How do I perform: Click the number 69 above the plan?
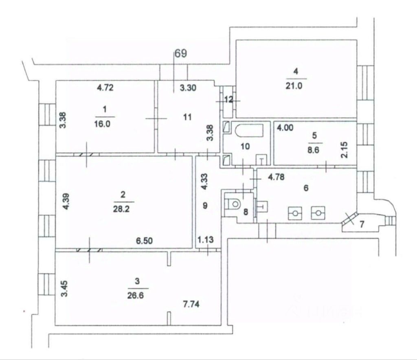[x=180, y=54]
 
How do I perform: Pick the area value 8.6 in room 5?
[x=315, y=150]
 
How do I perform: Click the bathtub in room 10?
[x=248, y=131]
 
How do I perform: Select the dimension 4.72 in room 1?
[x=105, y=87]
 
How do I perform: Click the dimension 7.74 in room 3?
[x=191, y=304]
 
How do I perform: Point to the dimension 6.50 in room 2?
[x=144, y=241]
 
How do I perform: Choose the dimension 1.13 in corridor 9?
[x=206, y=241]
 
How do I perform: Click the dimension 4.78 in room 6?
[x=275, y=177]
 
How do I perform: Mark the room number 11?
[x=187, y=117]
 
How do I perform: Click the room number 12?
[x=229, y=99]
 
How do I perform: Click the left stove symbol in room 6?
[x=295, y=213]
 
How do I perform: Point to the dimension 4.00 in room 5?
[x=284, y=128]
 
